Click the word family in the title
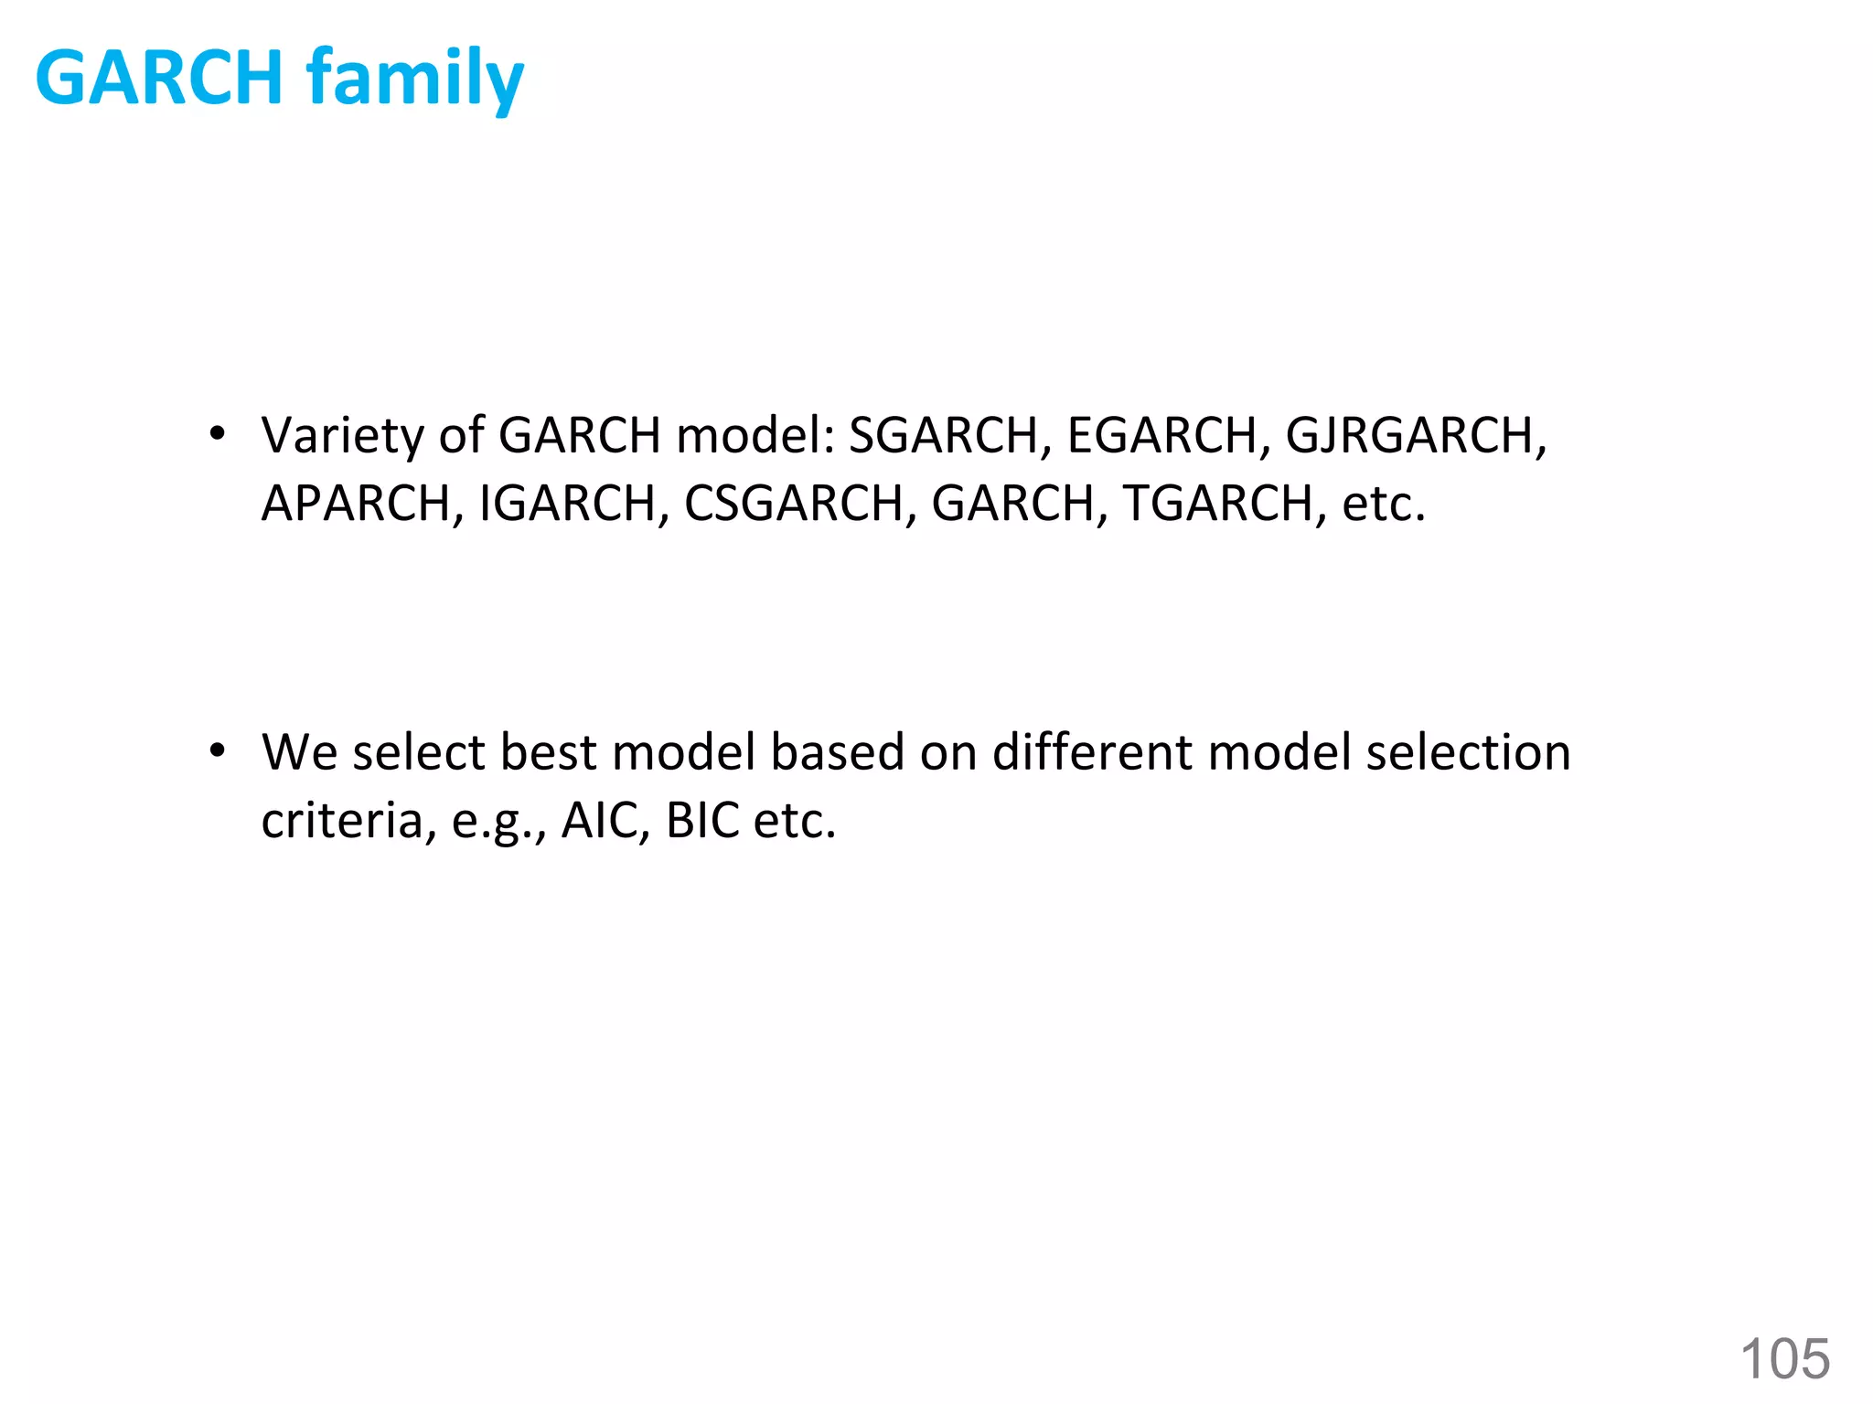coord(414,80)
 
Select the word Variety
coord(342,435)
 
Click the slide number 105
coord(1784,1358)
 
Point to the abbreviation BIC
coord(702,821)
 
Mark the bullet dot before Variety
coord(217,433)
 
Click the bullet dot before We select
coord(217,751)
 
